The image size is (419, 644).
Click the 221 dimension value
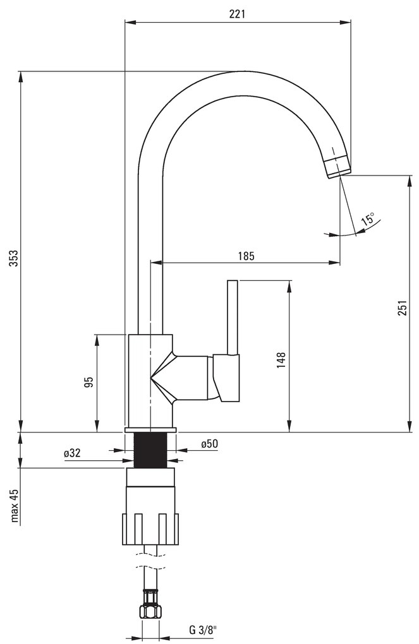point(237,14)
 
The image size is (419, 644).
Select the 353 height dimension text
point(15,258)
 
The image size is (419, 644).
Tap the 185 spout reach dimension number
point(246,256)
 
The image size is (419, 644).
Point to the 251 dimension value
point(403,308)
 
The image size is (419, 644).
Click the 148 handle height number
point(281,360)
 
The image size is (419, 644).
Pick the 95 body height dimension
point(89,381)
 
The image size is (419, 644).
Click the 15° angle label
point(368,218)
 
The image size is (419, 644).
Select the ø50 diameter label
point(209,444)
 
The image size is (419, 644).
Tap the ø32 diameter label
point(72,453)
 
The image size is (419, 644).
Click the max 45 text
point(15,505)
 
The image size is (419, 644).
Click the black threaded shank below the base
point(150,450)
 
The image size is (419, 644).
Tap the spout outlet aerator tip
point(338,167)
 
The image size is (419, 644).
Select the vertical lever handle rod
point(233,318)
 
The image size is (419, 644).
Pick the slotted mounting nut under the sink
point(151,529)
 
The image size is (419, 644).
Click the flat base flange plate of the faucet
point(150,429)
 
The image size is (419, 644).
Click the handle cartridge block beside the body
point(227,378)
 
